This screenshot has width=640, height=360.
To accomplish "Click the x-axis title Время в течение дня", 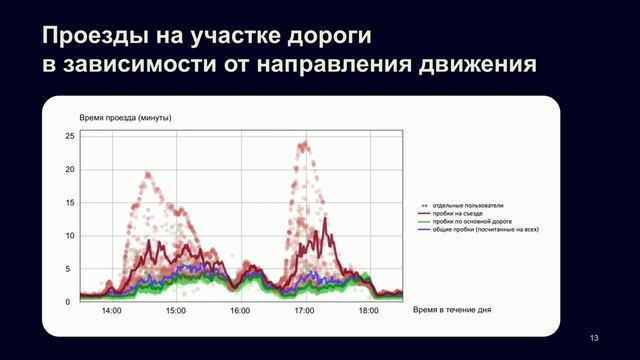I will tap(452, 311).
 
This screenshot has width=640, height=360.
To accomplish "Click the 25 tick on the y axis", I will tap(70, 135).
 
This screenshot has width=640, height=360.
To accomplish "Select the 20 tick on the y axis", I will tap(70, 169).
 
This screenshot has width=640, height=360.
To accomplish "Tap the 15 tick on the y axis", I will tap(70, 202).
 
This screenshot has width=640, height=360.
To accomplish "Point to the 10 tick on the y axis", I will tap(70, 235).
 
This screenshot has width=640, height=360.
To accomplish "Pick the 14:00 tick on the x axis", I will tap(111, 312).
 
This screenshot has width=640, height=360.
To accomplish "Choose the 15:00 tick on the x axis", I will tap(175, 312).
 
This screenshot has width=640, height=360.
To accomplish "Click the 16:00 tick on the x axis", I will tap(240, 312).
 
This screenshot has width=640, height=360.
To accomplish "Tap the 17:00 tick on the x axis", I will tap(304, 312).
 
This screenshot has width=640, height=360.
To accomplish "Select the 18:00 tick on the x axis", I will tap(368, 312).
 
